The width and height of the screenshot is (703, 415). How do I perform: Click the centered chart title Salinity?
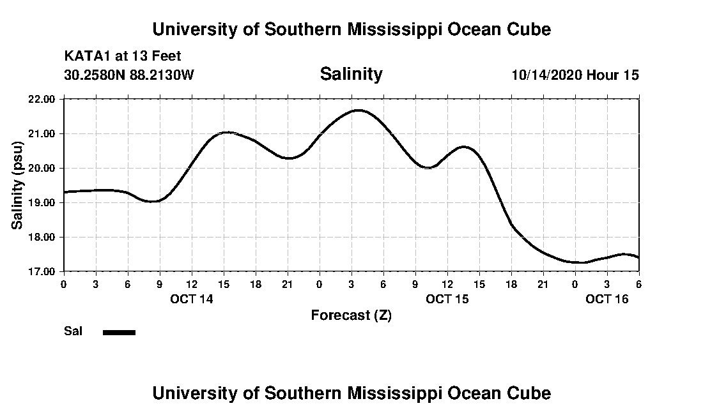(351, 74)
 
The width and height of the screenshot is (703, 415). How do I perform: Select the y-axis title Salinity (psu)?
(17, 185)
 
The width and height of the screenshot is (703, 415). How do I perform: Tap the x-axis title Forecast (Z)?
(351, 315)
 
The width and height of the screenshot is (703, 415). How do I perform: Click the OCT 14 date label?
(192, 299)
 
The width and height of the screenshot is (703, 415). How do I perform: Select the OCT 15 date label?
(447, 299)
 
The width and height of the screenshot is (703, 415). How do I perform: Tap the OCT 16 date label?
(607, 299)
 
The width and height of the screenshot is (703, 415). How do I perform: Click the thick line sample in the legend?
(120, 332)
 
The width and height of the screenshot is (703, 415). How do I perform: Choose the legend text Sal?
(72, 331)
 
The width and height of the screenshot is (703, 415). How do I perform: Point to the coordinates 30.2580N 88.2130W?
(129, 75)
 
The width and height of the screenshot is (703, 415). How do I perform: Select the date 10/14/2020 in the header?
(546, 75)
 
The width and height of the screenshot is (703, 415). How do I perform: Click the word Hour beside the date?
(603, 75)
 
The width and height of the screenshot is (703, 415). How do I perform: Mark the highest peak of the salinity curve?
(358, 110)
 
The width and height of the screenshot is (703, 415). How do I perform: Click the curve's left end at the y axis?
(65, 192)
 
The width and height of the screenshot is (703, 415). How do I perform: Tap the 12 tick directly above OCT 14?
(192, 283)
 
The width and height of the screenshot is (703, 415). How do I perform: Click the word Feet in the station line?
(166, 56)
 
